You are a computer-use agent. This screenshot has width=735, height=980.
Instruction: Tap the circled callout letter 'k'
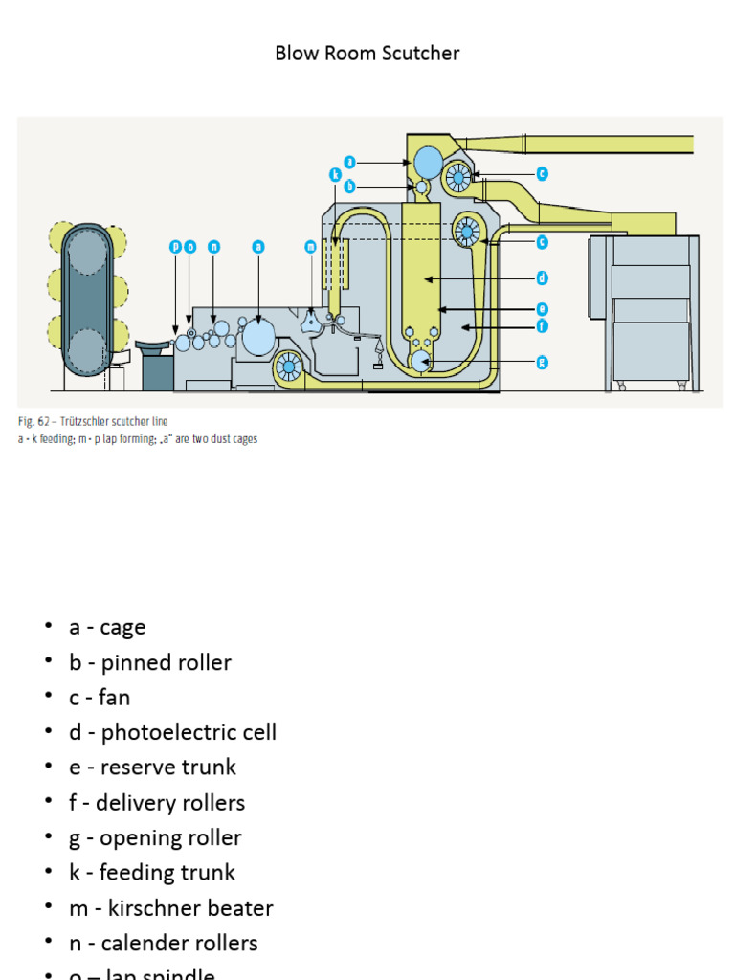335,175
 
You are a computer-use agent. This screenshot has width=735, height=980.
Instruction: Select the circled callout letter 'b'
350,187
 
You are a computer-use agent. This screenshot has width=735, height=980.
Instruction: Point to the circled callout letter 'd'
542,278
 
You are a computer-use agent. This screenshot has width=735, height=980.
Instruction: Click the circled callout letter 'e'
542,309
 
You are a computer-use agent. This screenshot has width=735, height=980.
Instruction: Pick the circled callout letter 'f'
542,325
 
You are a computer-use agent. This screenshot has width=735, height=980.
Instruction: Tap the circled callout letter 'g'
542,362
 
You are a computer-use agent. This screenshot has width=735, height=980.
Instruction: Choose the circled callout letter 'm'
310,247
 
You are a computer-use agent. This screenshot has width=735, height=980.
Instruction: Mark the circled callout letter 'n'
213,247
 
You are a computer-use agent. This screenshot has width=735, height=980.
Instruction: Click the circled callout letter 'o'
189,247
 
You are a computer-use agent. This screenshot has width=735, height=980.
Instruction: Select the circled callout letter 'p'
175,247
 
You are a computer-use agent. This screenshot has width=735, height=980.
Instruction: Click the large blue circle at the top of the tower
428,161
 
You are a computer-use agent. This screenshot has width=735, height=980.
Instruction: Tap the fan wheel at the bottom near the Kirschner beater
288,367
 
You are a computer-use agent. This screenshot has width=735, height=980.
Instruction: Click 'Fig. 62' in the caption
34,421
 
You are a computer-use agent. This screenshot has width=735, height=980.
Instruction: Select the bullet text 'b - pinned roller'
150,662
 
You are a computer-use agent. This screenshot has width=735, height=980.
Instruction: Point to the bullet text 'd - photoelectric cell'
172,732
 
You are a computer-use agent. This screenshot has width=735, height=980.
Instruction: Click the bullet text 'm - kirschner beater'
170,908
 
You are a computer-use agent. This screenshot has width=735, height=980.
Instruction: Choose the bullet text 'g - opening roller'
155,837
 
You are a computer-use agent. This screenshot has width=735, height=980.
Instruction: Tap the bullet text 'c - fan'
99,697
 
